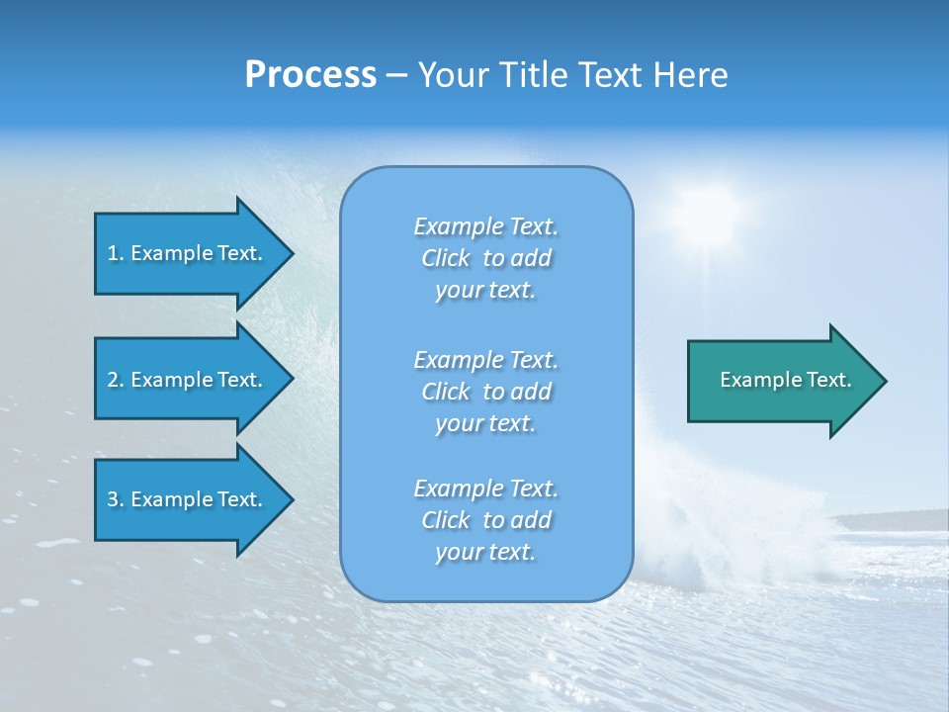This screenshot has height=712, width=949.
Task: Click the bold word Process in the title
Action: (310, 75)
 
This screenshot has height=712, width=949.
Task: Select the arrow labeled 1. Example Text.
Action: (188, 253)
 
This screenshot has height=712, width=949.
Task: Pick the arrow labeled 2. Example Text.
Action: (188, 380)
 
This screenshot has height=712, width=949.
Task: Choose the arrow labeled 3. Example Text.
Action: (188, 499)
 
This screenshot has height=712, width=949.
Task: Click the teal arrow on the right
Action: (781, 381)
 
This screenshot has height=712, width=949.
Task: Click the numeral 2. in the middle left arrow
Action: (115, 380)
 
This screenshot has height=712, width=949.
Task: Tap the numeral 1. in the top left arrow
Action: (115, 253)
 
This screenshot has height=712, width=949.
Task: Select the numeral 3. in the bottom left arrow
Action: (115, 499)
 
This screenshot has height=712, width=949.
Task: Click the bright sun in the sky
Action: (707, 213)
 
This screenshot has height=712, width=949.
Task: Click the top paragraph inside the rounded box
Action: (485, 258)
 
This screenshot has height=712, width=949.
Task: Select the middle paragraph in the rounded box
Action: (485, 392)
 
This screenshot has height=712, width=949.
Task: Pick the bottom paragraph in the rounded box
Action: (485, 520)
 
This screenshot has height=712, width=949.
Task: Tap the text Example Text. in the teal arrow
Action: (785, 380)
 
